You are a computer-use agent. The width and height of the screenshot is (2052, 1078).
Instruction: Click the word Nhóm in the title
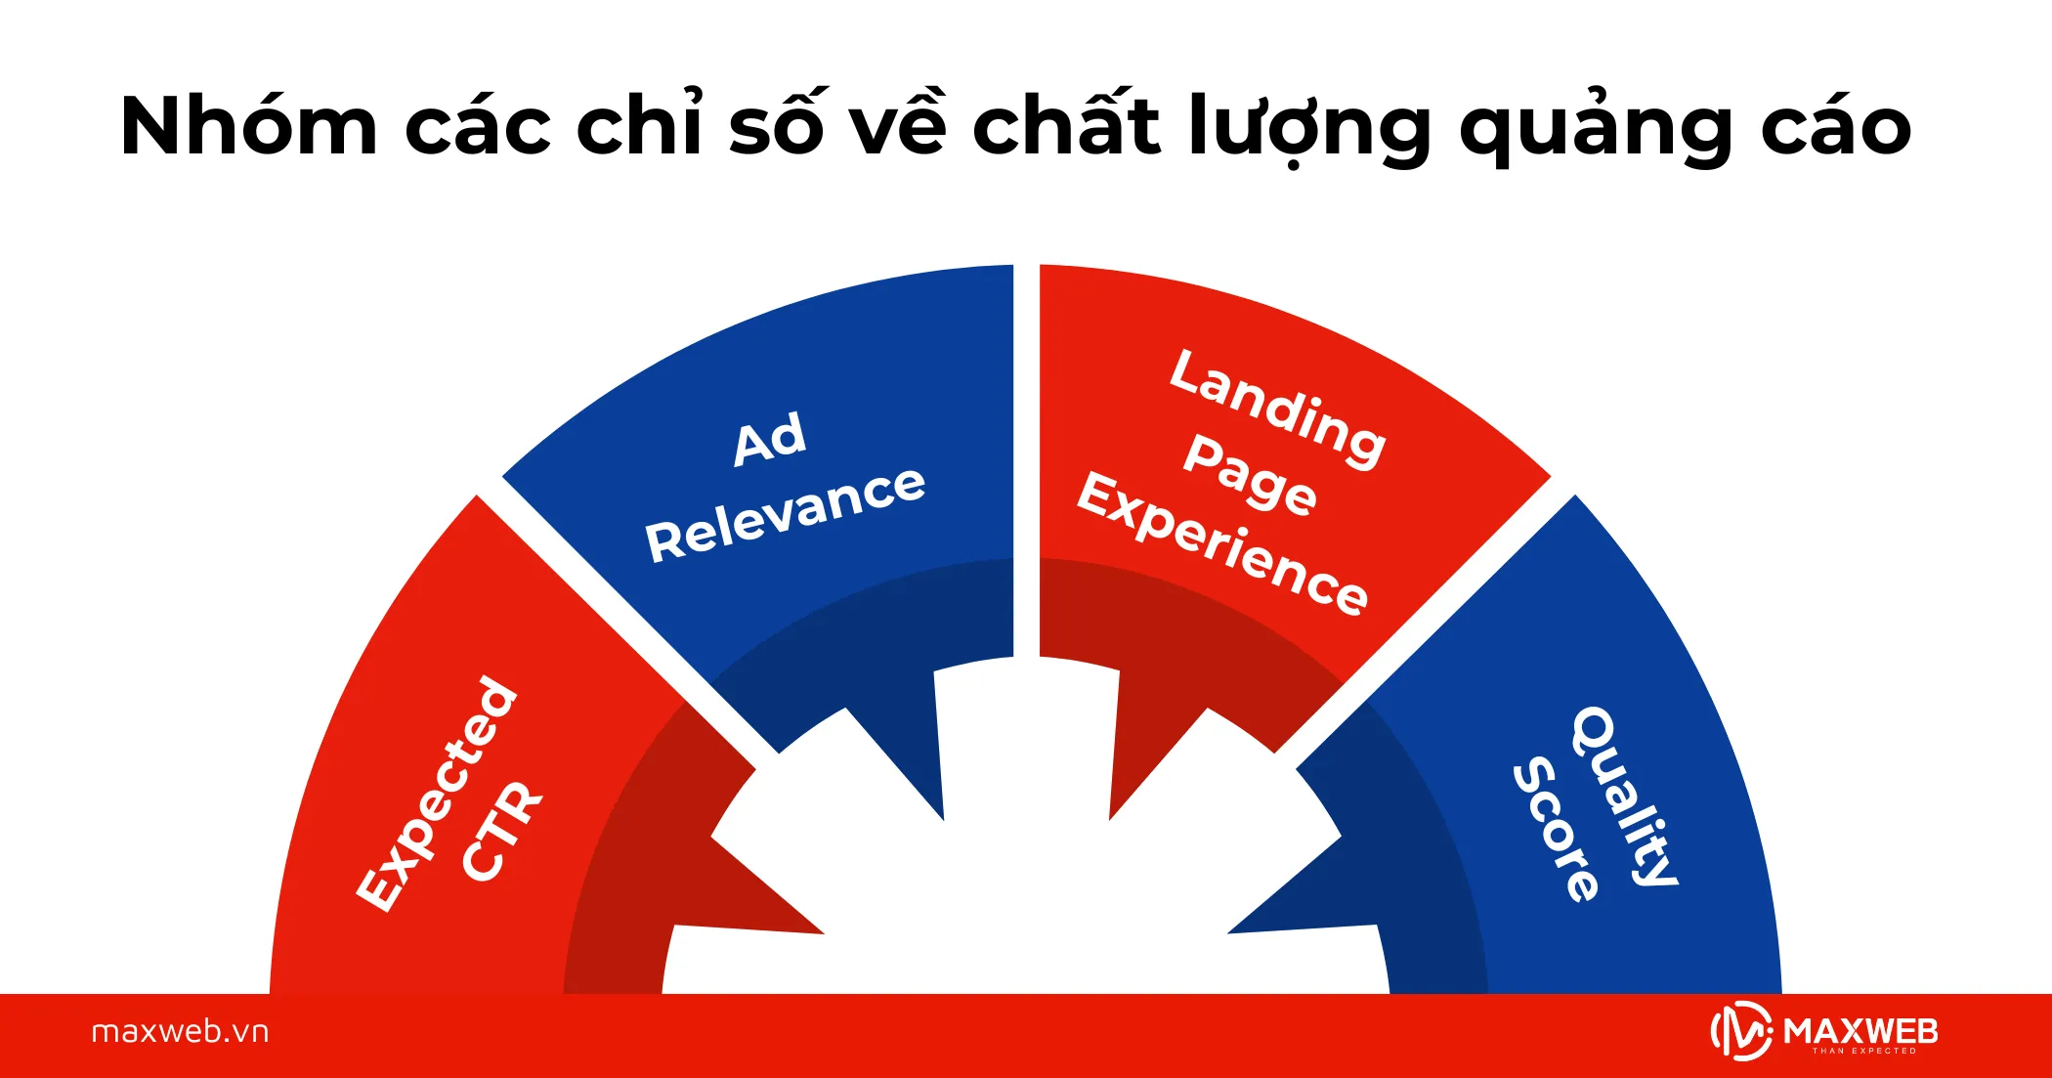(x=248, y=127)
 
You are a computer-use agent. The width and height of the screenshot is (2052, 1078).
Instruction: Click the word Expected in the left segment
(x=436, y=793)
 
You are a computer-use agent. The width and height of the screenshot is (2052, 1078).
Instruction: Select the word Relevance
(x=785, y=513)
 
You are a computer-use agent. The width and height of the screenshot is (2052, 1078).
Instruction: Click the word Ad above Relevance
(x=770, y=439)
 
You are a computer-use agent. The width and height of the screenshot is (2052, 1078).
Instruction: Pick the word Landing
(x=1278, y=408)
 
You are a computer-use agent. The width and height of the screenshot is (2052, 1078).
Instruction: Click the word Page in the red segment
(x=1250, y=474)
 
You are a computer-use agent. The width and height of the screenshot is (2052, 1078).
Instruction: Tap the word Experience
(x=1222, y=542)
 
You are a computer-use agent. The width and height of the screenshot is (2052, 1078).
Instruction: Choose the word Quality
(x=1625, y=796)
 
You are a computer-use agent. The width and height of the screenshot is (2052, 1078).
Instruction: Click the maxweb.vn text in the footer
(x=180, y=1032)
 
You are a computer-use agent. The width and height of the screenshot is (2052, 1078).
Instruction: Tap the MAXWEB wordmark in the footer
(x=1860, y=1032)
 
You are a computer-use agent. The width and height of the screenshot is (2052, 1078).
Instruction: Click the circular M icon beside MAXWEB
(x=1741, y=1032)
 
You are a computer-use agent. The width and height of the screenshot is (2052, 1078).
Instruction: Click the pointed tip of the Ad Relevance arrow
(x=943, y=818)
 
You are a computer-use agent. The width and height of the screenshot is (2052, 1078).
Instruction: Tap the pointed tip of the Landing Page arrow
(x=1111, y=818)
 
